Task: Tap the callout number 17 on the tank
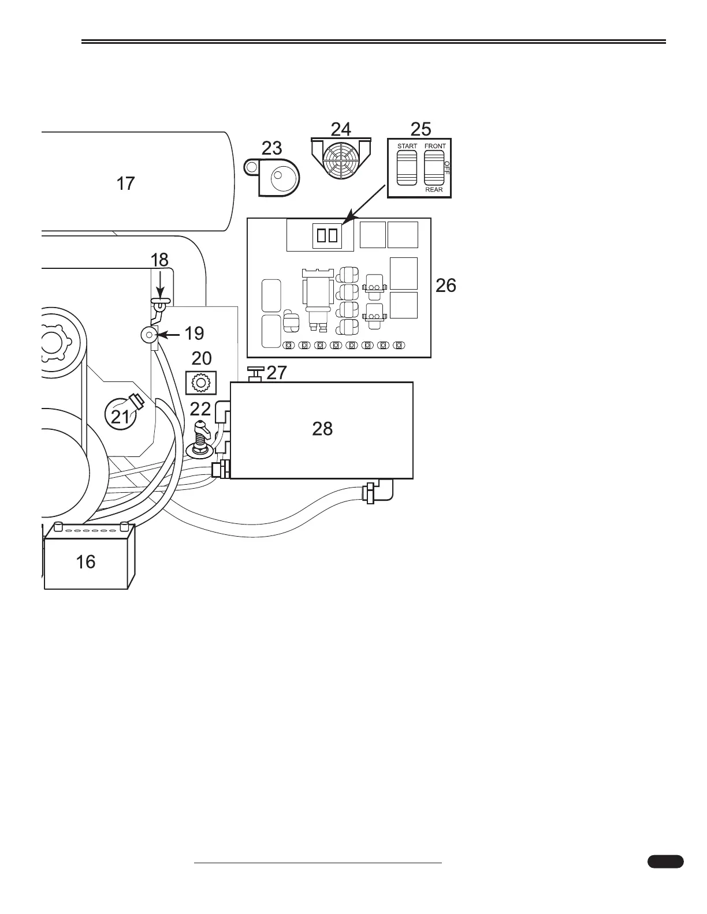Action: (125, 183)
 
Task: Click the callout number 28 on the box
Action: (322, 428)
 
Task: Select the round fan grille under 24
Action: (340, 159)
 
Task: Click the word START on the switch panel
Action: (407, 147)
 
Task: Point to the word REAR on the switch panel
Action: (434, 189)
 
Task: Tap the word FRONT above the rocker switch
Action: (435, 147)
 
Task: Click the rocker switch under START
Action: (407, 167)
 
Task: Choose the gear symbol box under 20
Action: (200, 381)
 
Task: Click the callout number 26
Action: (445, 285)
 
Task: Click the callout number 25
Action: (421, 128)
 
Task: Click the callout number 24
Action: (341, 128)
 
